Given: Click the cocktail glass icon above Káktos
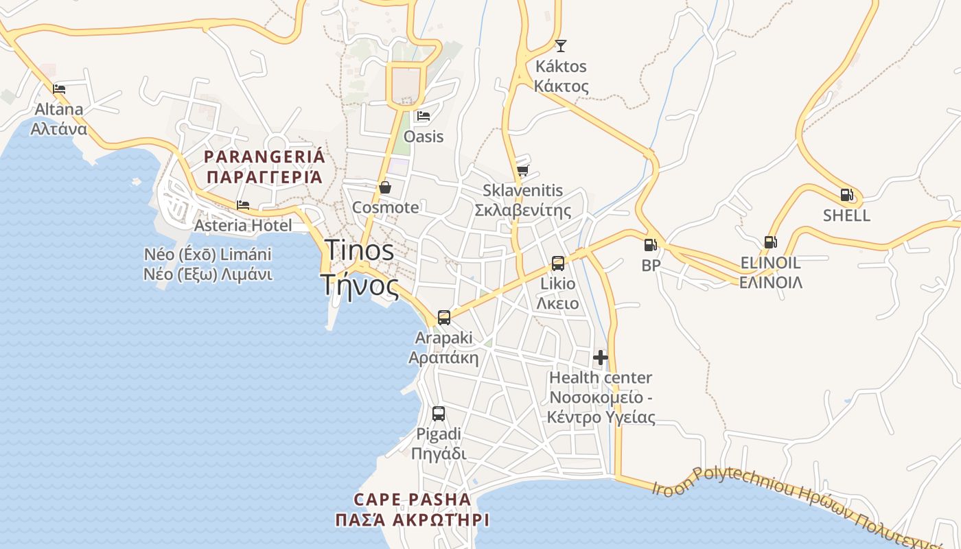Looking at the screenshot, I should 561,46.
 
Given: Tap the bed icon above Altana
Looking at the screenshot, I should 59,89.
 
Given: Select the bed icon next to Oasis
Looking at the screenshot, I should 424,115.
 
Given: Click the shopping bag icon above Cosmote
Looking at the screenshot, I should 385,187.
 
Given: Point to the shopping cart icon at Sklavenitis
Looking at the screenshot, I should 522,170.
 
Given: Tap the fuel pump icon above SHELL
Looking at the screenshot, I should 846,195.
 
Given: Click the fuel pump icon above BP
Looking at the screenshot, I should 649,244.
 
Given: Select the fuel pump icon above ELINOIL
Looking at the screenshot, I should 770,242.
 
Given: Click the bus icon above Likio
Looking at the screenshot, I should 558,263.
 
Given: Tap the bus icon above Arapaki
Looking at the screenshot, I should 444,318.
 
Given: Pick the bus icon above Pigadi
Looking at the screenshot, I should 439,414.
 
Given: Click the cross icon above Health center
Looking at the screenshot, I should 601,358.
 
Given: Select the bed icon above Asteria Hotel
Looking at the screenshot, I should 243,205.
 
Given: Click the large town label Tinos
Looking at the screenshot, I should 359,250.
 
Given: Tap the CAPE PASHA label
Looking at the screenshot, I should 412,500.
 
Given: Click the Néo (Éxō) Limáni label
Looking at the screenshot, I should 208,255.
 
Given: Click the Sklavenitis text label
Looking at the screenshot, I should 522,191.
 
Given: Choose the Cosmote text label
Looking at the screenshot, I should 385,207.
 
